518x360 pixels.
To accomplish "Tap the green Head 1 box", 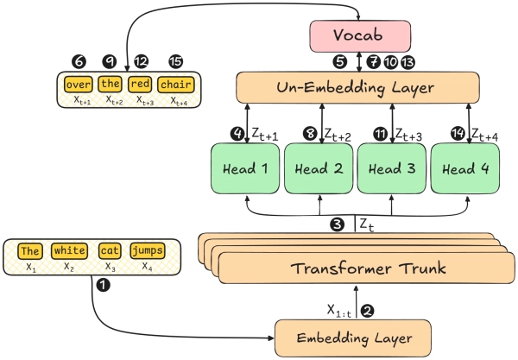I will pyautogui.click(x=245, y=168).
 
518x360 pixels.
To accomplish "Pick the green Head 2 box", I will pyautogui.click(x=318, y=168).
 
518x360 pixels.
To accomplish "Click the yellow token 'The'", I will pyautogui.click(x=30, y=250).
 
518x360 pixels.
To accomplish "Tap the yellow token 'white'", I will pyautogui.click(x=68, y=250).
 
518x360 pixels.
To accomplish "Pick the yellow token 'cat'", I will pyautogui.click(x=109, y=250).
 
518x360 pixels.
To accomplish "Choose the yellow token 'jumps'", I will pyautogui.click(x=147, y=250).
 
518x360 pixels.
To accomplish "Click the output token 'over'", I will pyautogui.click(x=78, y=85).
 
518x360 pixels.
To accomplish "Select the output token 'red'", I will pyautogui.click(x=140, y=85).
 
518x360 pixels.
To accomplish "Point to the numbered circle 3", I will pyautogui.click(x=337, y=224).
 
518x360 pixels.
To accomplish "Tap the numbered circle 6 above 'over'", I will pyautogui.click(x=79, y=61).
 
